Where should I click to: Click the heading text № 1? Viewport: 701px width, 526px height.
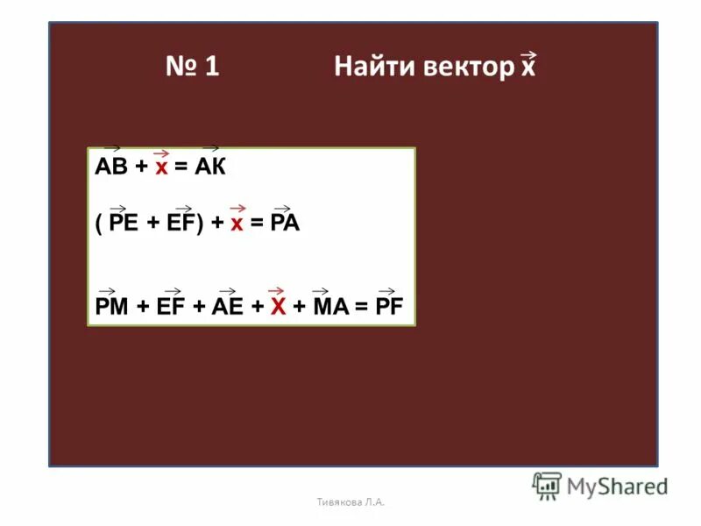pos(192,68)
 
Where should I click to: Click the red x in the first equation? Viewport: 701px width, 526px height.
pos(161,168)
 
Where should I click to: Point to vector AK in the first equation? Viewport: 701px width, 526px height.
pos(210,168)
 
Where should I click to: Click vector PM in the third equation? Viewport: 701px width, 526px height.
pos(111,305)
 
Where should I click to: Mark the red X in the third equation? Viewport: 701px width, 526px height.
pos(278,305)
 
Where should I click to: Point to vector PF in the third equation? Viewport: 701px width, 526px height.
pos(389,305)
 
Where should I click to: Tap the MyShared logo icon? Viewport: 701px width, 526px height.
pos(547,486)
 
